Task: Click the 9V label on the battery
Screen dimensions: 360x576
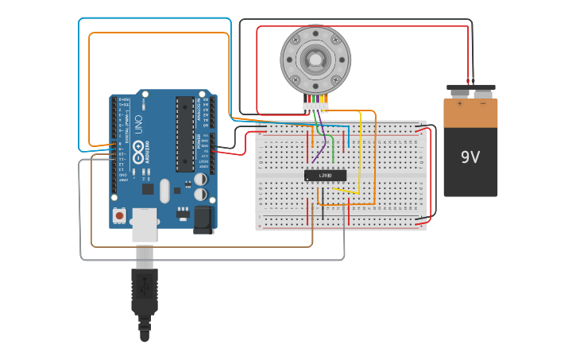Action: point(470,157)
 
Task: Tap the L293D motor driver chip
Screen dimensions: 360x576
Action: point(325,176)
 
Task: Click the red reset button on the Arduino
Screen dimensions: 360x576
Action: point(119,215)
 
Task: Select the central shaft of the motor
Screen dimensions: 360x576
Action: point(315,60)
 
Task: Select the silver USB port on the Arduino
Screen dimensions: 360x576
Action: point(144,223)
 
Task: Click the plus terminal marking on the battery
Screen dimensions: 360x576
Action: point(459,103)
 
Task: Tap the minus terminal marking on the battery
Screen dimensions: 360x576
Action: point(482,103)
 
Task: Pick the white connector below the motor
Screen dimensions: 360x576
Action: point(315,106)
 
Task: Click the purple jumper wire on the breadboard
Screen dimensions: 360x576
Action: point(319,151)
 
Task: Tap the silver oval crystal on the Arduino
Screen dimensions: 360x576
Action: point(164,191)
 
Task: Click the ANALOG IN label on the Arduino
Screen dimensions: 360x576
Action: point(205,112)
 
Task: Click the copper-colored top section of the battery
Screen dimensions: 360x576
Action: point(470,113)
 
